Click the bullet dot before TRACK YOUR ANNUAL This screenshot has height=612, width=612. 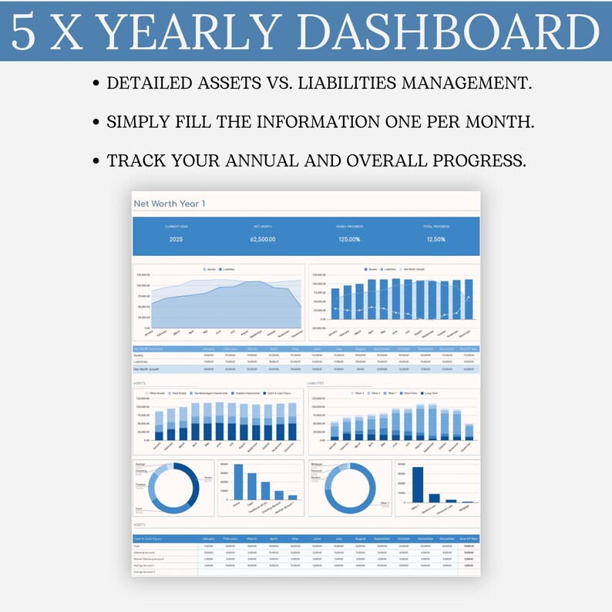pos(96,162)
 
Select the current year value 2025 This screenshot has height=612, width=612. pos(176,239)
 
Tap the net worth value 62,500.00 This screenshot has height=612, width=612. pos(263,239)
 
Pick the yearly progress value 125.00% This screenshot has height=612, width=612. pos(350,239)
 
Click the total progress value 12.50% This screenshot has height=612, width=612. pos(436,239)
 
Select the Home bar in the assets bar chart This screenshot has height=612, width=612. pos(237,481)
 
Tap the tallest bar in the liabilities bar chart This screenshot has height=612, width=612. pos(418,484)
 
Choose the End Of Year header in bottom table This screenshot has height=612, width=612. pos(469,539)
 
